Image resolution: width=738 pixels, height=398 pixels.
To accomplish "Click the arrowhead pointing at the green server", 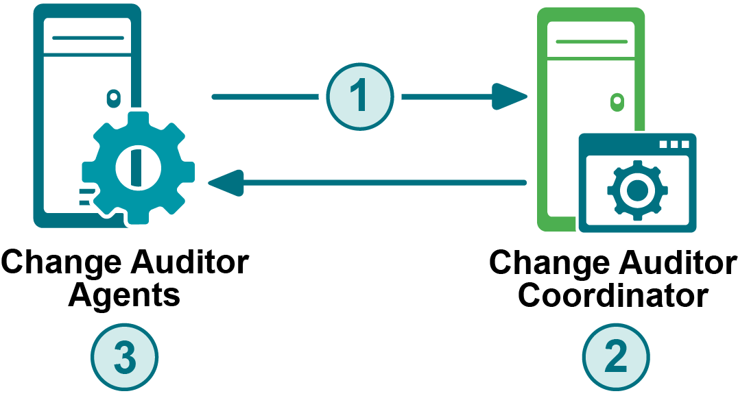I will (x=510, y=97).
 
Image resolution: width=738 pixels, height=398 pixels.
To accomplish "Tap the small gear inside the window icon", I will (x=637, y=190).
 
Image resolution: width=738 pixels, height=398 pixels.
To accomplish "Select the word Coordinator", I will (x=613, y=296).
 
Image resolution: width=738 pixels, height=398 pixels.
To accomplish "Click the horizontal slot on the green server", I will (x=591, y=41).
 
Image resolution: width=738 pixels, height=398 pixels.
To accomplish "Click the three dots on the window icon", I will (x=674, y=145).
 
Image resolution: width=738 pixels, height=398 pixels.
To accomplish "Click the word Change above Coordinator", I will (x=549, y=263).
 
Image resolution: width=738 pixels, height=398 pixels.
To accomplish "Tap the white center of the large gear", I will (x=138, y=167).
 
